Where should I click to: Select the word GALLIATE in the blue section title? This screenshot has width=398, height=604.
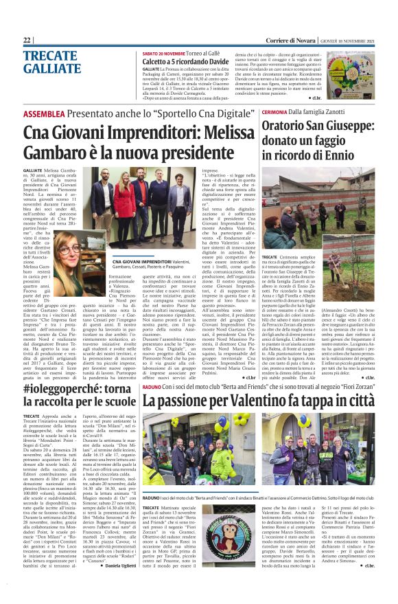(51, 69)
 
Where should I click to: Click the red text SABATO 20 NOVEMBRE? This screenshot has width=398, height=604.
(164, 53)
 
